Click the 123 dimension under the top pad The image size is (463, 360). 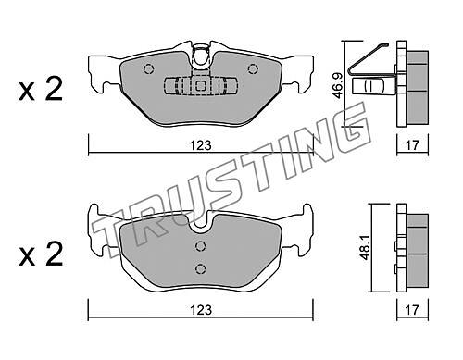coord(201,145)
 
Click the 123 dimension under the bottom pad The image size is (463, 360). coord(201,310)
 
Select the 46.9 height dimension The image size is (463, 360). coord(338,85)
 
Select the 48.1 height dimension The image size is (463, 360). coord(367,248)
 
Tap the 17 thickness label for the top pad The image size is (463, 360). coord(412,145)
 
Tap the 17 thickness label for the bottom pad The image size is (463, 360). coord(412,310)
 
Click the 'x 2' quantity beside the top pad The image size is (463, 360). coord(41,89)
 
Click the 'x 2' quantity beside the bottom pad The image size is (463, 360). coord(41,254)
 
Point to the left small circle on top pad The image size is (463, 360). coord(148,69)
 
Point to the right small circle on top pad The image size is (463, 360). coord(253,69)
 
